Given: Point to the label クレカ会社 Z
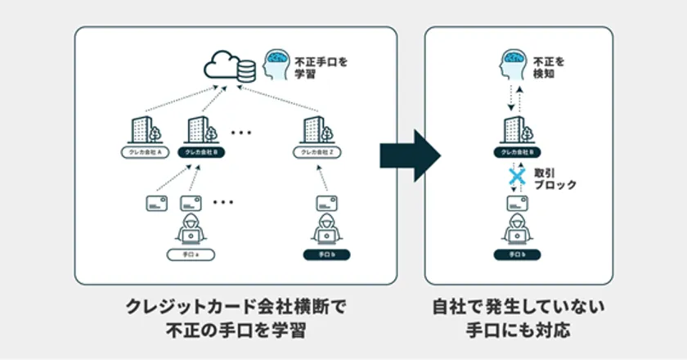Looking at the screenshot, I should point(315,153).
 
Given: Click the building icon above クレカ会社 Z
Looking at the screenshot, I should point(315,128).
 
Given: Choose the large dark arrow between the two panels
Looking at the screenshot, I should point(410,153).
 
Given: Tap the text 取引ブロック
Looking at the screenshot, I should point(555,180).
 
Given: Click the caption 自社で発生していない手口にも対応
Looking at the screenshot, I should point(518,320).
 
